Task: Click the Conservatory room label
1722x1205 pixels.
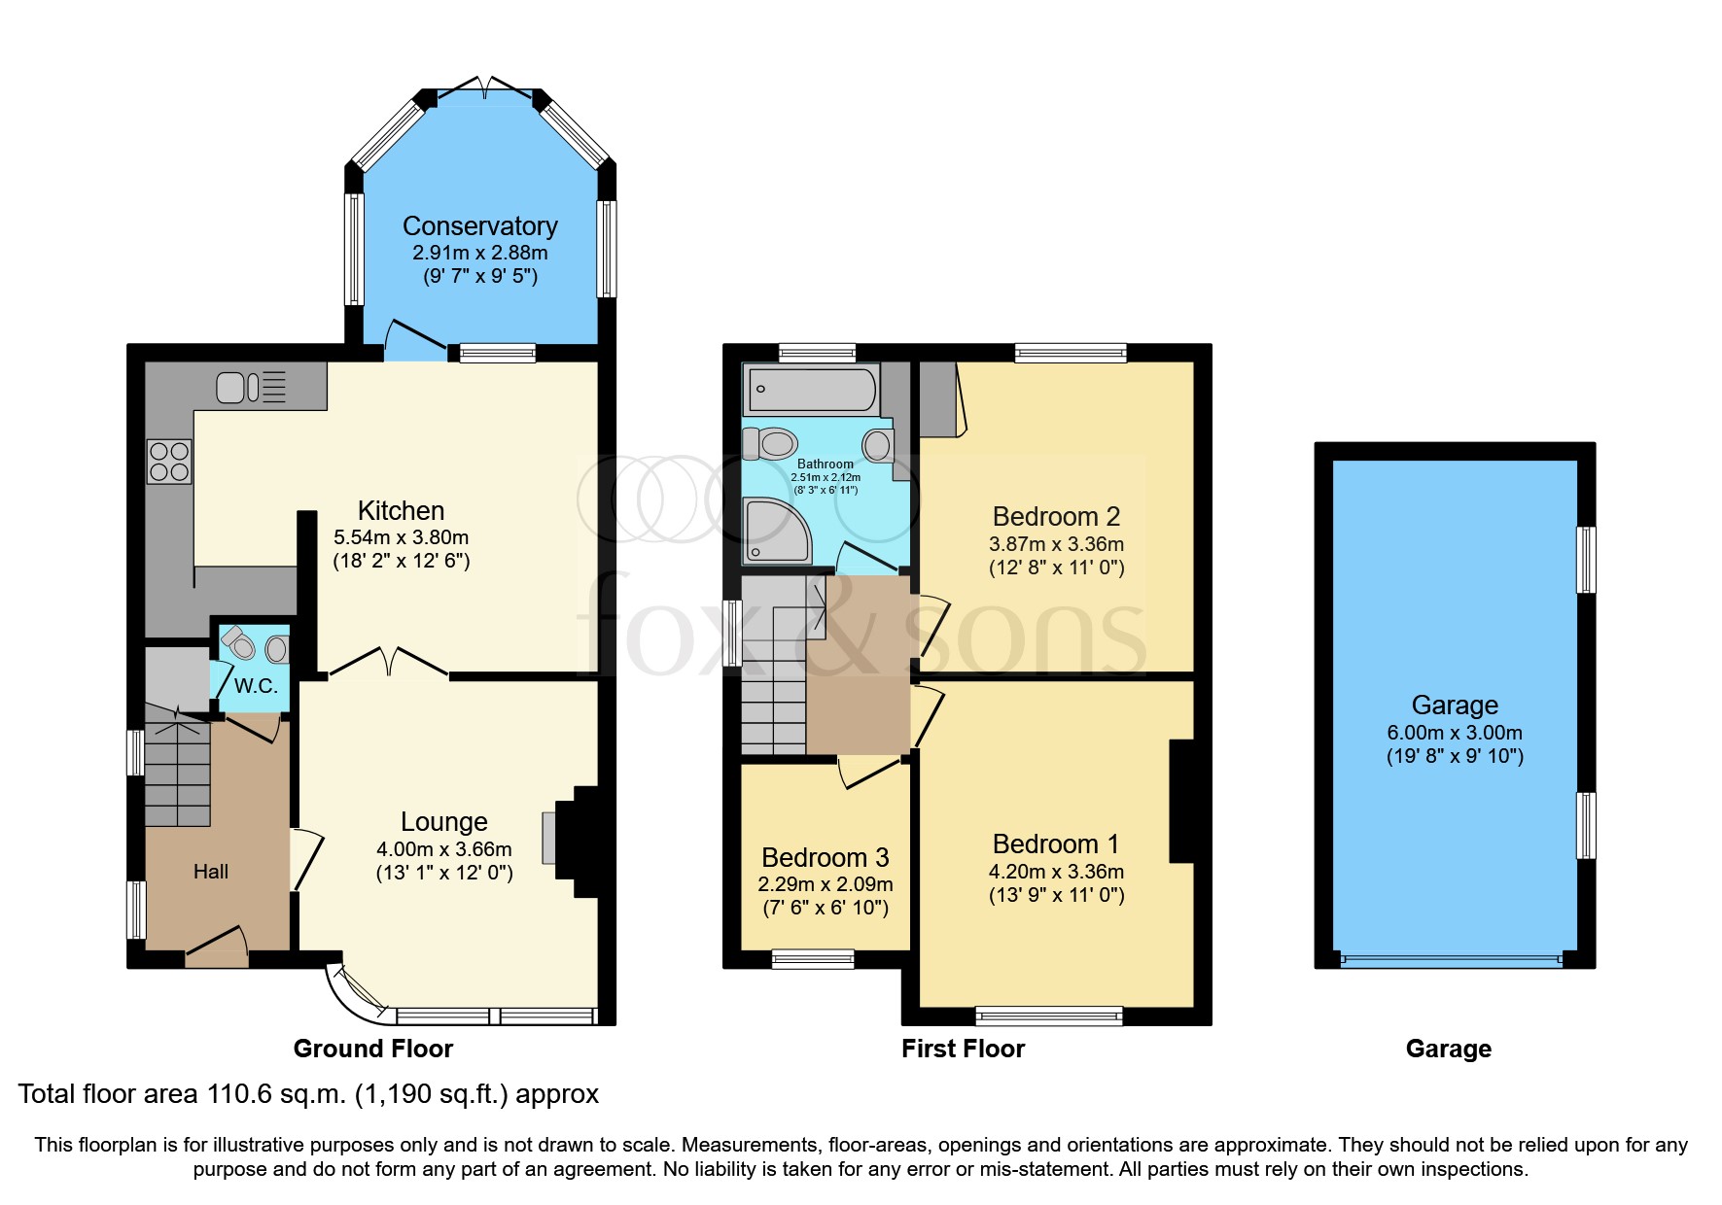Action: pyautogui.click(x=479, y=226)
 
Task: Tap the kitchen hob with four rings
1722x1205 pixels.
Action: pyautogui.click(x=169, y=462)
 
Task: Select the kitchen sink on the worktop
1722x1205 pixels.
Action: pyautogui.click(x=239, y=387)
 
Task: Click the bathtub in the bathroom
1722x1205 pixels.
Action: pyautogui.click(x=810, y=390)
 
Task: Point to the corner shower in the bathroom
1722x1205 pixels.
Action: pyautogui.click(x=775, y=532)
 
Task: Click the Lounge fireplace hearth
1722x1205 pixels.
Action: pyautogui.click(x=549, y=838)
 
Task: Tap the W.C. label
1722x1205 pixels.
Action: pyautogui.click(x=256, y=686)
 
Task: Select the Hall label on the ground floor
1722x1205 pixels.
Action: pyautogui.click(x=210, y=872)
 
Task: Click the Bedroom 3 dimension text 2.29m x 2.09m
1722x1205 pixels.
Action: pyautogui.click(x=825, y=884)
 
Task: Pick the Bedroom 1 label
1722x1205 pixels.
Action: pyautogui.click(x=1055, y=843)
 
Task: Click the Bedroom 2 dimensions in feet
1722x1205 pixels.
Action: pyautogui.click(x=1056, y=568)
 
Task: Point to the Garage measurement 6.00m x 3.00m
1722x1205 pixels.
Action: pyautogui.click(x=1454, y=733)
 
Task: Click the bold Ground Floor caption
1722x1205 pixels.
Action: pyautogui.click(x=372, y=1049)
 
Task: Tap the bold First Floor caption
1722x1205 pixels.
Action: pyautogui.click(x=963, y=1049)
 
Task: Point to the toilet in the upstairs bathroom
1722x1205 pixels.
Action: pyautogui.click(x=769, y=444)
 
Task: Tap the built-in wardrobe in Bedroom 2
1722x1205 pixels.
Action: pyautogui.click(x=939, y=398)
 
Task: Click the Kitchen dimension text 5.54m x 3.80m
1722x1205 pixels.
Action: pyautogui.click(x=401, y=537)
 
